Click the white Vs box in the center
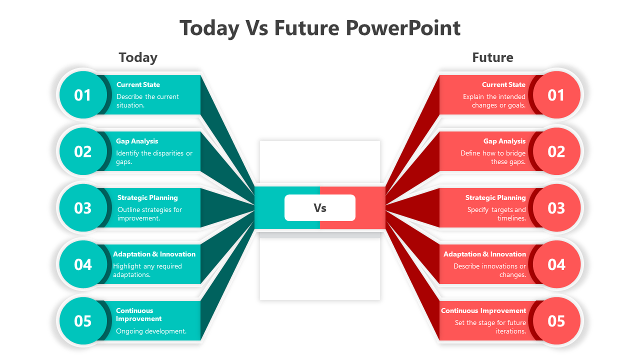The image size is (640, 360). (x=319, y=207)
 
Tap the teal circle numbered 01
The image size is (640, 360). (x=83, y=95)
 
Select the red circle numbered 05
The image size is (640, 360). (x=556, y=320)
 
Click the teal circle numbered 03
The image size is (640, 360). (x=83, y=207)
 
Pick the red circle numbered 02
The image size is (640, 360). (x=556, y=151)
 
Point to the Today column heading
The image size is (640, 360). (x=138, y=57)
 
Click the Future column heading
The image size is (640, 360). (x=492, y=57)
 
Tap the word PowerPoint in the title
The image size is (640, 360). (x=403, y=28)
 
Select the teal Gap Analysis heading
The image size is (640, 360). (x=137, y=141)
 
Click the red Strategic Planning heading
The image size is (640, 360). (x=495, y=197)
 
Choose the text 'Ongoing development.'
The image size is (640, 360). (x=151, y=331)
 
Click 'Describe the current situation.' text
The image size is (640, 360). (x=147, y=101)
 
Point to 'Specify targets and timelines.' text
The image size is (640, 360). (x=496, y=213)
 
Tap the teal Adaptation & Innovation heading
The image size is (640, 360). (x=154, y=254)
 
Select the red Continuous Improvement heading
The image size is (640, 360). (x=483, y=310)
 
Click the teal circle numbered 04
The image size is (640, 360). (x=83, y=264)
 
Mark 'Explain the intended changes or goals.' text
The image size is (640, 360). (x=494, y=101)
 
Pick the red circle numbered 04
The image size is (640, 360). (x=556, y=264)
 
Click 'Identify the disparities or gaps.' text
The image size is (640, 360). (x=154, y=157)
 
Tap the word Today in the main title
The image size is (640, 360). (x=209, y=28)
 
